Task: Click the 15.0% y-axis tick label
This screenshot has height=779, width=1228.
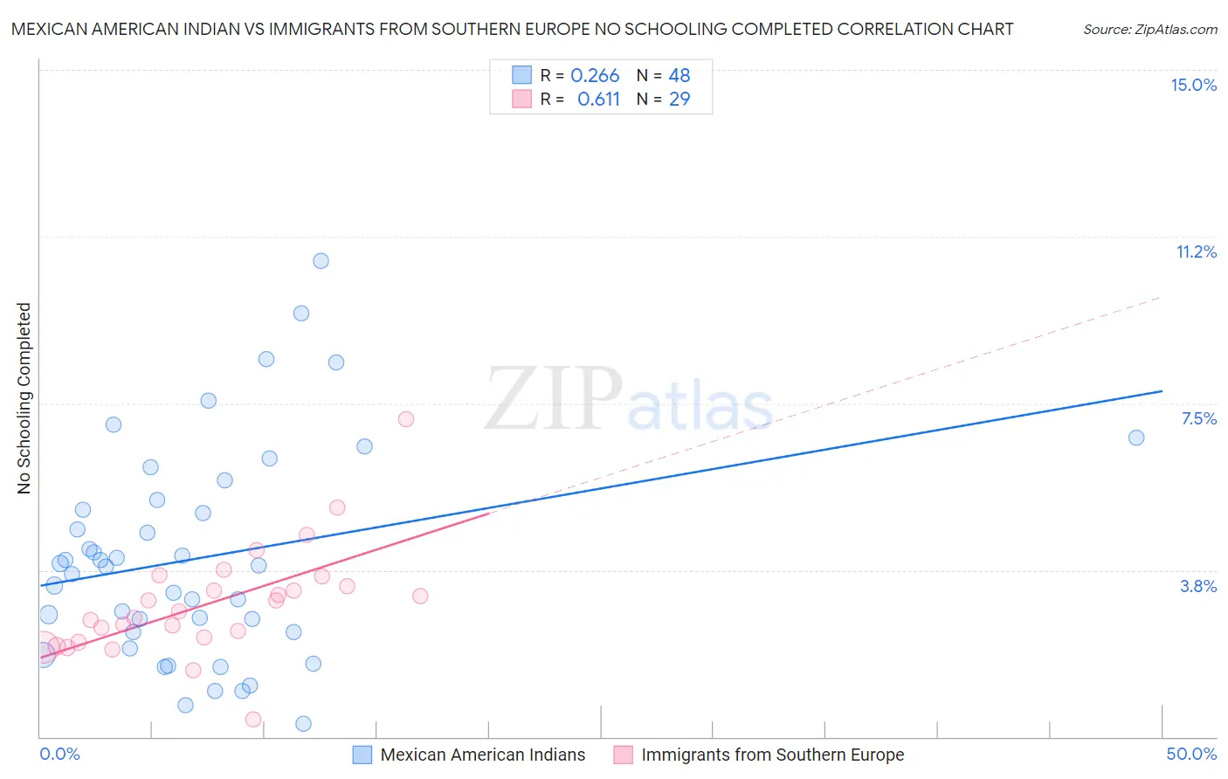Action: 1193,85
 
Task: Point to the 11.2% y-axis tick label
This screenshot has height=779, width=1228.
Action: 1196,252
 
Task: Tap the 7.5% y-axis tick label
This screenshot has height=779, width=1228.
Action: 1198,418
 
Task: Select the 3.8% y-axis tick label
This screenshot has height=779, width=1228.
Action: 1198,586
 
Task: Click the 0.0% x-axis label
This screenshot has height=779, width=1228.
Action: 59,754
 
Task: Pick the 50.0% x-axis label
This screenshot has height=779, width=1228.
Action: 1191,754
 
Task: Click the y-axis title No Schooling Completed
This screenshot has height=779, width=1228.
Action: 24,398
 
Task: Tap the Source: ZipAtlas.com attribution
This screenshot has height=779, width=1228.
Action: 1149,30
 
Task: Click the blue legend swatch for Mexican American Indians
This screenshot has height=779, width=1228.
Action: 362,755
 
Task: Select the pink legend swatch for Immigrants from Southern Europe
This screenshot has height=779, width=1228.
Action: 623,755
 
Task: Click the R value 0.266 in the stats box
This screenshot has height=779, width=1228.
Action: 595,76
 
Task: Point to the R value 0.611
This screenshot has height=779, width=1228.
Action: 598,100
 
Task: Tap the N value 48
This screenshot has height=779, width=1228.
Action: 680,76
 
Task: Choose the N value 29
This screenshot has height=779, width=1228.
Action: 680,100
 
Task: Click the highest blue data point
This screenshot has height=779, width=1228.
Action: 321,260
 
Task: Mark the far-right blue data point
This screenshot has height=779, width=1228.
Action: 1136,438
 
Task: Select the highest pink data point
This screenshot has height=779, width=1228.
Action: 406,419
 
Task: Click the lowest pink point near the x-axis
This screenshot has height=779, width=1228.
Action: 253,720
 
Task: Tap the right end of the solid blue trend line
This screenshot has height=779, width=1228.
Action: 1162,391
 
